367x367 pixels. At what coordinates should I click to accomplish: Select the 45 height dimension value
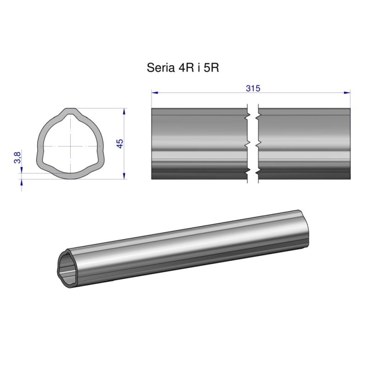120,144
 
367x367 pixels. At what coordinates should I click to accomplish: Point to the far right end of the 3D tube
311,225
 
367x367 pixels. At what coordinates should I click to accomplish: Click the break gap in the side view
253,144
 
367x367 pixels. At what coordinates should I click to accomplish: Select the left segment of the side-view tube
200,144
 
